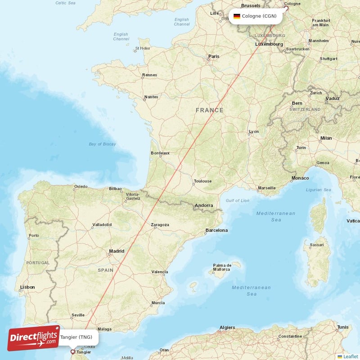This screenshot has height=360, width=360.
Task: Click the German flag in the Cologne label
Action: pyautogui.click(x=237, y=16)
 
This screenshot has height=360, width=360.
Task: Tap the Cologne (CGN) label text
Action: pyautogui.click(x=259, y=16)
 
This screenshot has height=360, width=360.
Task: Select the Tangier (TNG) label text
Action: pyautogui.click(x=76, y=337)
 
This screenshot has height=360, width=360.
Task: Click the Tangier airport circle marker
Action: pyautogui.click(x=73, y=352)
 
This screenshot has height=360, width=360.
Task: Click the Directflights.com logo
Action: pyautogui.click(x=33, y=338)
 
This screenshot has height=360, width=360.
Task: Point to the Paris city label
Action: pyautogui.click(x=213, y=57)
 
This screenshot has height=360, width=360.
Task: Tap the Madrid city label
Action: pyautogui.click(x=117, y=251)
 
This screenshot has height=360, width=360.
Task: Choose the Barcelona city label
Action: pyautogui.click(x=216, y=230)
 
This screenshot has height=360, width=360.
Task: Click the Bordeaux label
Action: pyautogui.click(x=160, y=153)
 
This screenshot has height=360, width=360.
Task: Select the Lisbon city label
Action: pyautogui.click(x=27, y=287)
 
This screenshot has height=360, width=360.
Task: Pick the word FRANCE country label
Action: pyautogui.click(x=209, y=110)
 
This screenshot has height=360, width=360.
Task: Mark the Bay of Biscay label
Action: pyautogui.click(x=102, y=144)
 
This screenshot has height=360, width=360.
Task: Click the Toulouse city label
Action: pyautogui.click(x=202, y=181)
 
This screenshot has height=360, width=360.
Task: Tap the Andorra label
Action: pyautogui.click(x=204, y=206)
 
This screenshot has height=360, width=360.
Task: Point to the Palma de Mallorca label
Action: pyautogui.click(x=222, y=267)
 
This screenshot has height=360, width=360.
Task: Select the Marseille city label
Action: pyautogui.click(x=267, y=188)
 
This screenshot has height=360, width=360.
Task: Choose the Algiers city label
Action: pyautogui.click(x=227, y=327)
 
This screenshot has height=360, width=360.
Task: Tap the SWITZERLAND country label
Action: pyautogui.click(x=305, y=109)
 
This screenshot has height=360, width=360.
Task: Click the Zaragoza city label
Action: pyautogui.click(x=160, y=225)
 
